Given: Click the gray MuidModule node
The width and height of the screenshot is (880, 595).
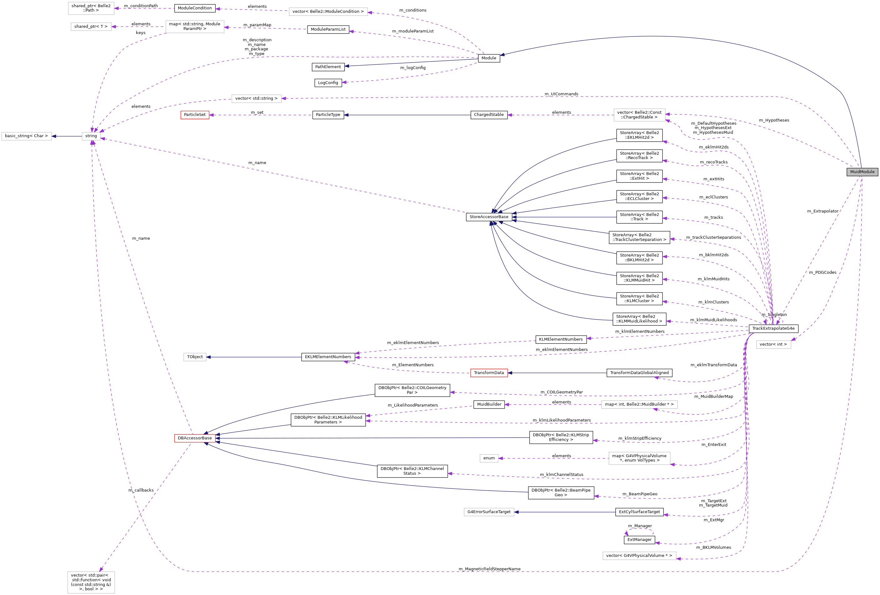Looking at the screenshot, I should click(x=862, y=172).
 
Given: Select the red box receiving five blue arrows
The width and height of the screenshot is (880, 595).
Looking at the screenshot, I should click(x=195, y=438).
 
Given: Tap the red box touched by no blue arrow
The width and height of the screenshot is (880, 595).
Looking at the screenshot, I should click(x=195, y=115).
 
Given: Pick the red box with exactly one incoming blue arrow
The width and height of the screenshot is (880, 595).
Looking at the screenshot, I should click(x=489, y=373).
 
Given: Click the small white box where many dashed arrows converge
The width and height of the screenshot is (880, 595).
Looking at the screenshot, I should click(x=91, y=136).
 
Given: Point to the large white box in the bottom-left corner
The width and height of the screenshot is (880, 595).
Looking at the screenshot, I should click(x=91, y=582).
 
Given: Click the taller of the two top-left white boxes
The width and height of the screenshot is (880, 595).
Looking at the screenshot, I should click(x=91, y=8).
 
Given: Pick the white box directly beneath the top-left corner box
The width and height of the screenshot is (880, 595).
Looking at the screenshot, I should click(x=91, y=27).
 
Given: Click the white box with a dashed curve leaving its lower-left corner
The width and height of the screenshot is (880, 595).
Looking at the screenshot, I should click(x=195, y=27).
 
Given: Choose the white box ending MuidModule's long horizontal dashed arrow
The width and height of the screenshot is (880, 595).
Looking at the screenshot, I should click(x=256, y=99).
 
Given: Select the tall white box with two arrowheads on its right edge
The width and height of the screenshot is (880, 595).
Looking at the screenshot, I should click(x=639, y=115).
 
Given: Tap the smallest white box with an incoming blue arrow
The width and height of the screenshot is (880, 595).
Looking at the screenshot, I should click(x=195, y=357).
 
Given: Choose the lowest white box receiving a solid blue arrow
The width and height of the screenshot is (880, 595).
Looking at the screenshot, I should click(x=489, y=512).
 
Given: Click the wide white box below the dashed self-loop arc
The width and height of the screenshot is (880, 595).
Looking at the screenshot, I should click(x=639, y=556).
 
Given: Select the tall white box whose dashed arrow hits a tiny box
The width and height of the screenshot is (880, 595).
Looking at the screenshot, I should click(x=639, y=458).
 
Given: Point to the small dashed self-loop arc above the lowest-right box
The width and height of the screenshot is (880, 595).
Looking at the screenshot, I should click(x=639, y=529).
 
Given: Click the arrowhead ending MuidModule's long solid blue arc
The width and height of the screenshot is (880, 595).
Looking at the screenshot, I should click(x=502, y=55).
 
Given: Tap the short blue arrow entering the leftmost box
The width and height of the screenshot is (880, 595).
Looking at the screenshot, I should click(x=67, y=136).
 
